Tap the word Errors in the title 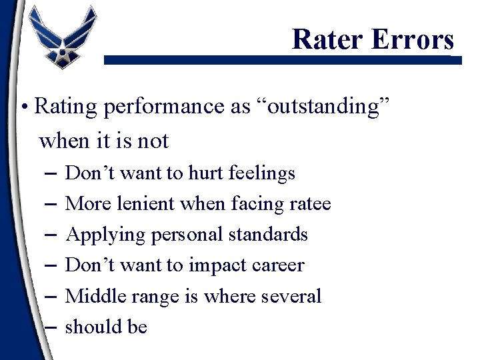[413, 39]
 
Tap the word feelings [261, 173]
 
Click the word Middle [95, 296]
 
